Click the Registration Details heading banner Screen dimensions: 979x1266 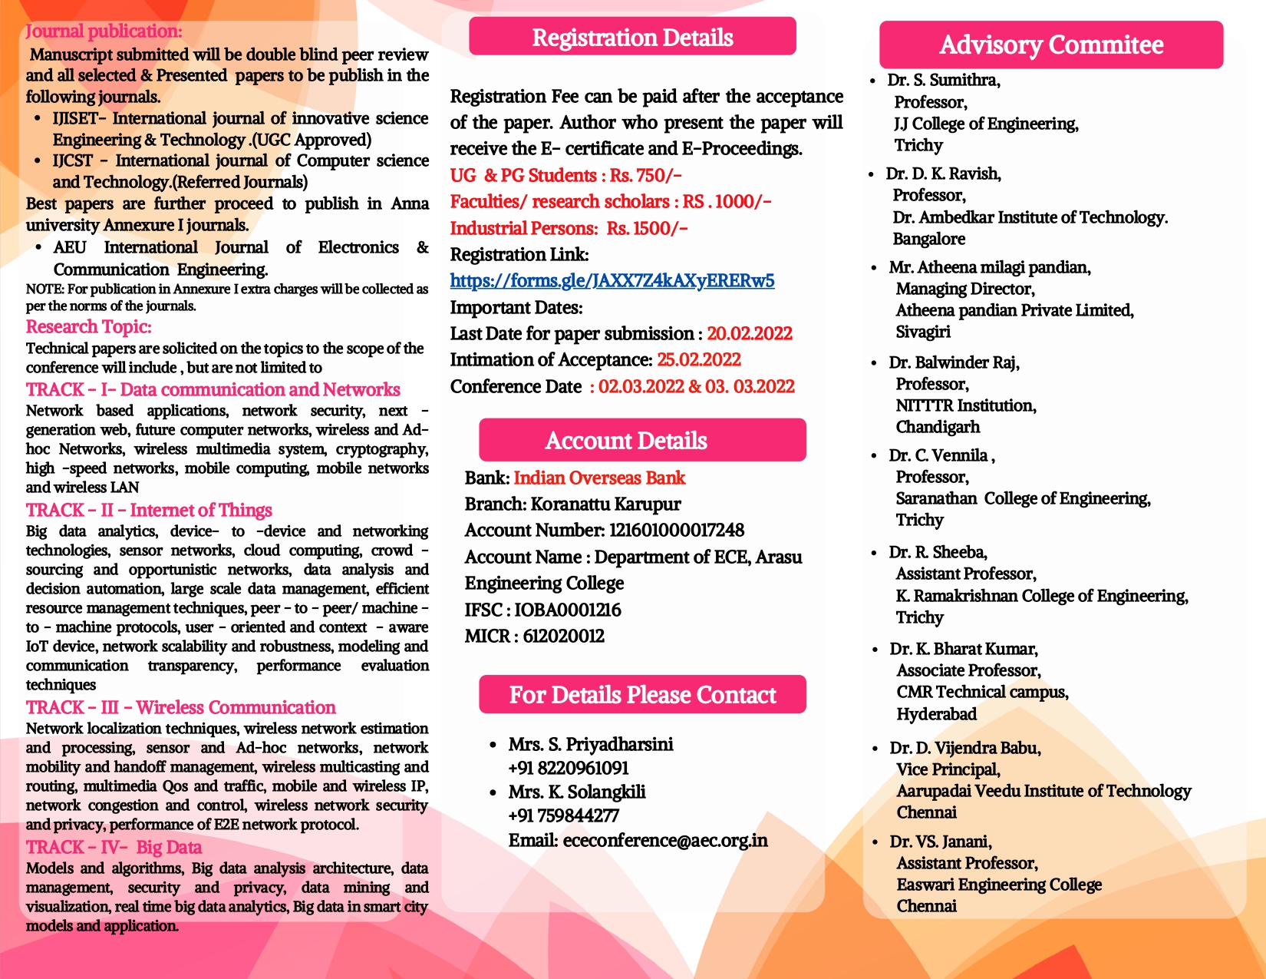pos(632,38)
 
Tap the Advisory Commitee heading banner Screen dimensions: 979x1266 pos(1050,45)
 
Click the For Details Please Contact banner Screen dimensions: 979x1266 pos(642,695)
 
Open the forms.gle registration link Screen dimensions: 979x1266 pos(612,281)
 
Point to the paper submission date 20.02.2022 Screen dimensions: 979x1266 pos(749,334)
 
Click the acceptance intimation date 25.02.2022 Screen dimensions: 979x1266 pos(698,360)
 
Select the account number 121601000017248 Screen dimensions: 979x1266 pos(676,531)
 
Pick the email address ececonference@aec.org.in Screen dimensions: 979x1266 pos(664,840)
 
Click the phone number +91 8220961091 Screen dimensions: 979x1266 pos(568,769)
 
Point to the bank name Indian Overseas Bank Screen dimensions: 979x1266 pos(599,478)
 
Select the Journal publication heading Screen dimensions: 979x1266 pos(104,31)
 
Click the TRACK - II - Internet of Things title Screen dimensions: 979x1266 pos(149,511)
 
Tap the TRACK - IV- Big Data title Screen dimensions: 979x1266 pos(114,848)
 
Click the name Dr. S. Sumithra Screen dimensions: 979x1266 pos(943,81)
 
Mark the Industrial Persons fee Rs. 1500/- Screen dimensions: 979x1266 pos(647,229)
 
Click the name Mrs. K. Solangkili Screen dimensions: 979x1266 pos(576,792)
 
